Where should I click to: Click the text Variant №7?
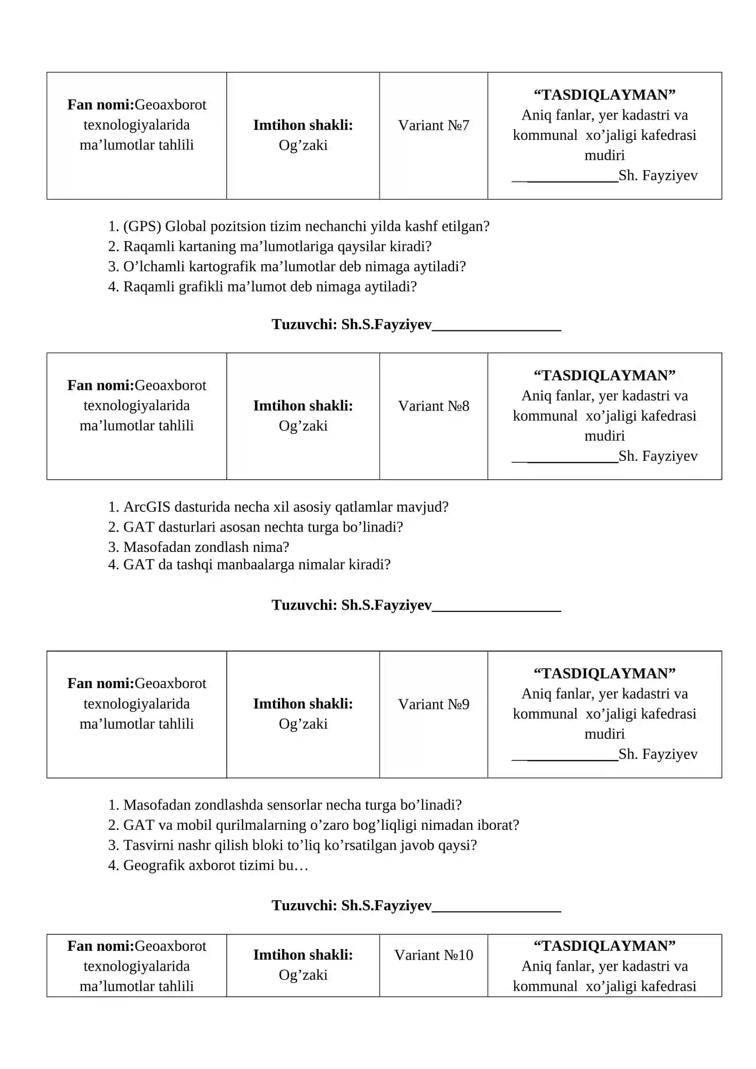pos(433,125)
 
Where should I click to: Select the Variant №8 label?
pos(433,406)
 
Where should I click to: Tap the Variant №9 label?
pos(433,704)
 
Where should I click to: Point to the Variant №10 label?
pos(433,955)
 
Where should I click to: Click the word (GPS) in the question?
pos(142,226)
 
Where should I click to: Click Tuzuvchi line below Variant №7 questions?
pos(416,325)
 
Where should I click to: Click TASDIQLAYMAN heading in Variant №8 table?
pos(604,376)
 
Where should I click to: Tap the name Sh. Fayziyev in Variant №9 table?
pos(658,754)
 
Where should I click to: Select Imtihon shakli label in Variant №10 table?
pos(303,955)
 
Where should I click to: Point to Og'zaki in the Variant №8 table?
pos(303,426)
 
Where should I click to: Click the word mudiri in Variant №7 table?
pos(604,155)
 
